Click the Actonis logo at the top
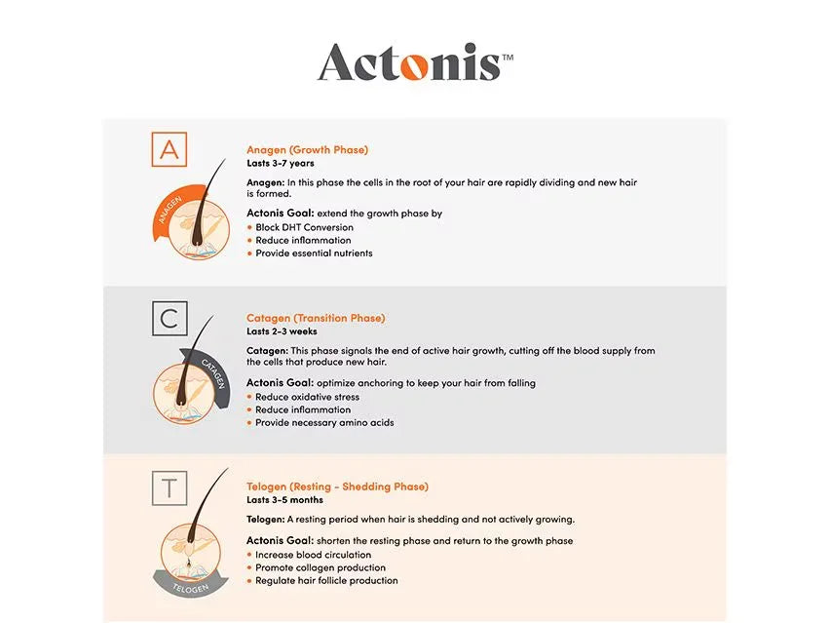(x=416, y=62)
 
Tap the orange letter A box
(x=170, y=149)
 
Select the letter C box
(x=170, y=319)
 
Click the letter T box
(x=170, y=487)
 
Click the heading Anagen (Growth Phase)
(x=307, y=150)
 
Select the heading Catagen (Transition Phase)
(x=316, y=319)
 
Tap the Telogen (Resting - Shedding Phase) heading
(x=337, y=487)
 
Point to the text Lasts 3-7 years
(x=280, y=163)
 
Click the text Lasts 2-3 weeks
(x=282, y=331)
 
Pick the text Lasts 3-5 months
(x=284, y=500)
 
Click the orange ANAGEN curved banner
(x=170, y=209)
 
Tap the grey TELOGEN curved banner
(x=191, y=587)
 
